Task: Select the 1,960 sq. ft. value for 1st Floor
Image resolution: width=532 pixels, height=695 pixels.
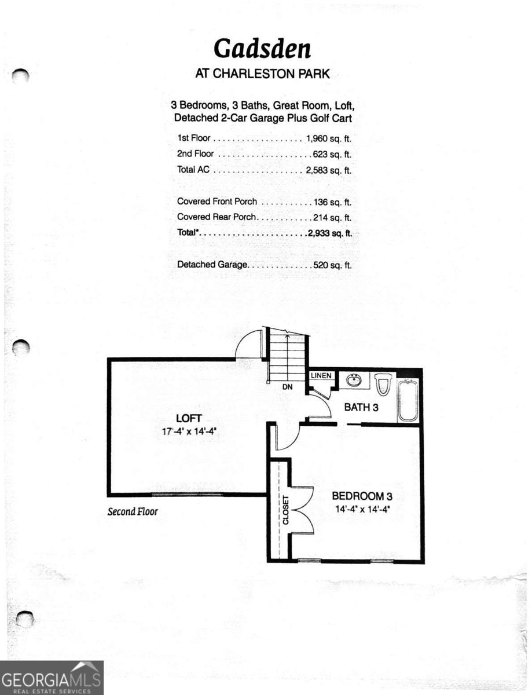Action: (328, 139)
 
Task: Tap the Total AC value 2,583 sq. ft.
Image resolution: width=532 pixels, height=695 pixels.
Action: (328, 170)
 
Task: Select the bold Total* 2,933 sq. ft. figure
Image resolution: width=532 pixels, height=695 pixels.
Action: (328, 233)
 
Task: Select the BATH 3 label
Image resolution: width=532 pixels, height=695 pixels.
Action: (361, 408)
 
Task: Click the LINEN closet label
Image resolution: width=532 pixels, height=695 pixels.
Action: (321, 376)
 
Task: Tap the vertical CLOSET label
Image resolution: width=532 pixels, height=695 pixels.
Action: (285, 511)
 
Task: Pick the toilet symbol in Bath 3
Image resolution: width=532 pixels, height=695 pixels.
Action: (383, 384)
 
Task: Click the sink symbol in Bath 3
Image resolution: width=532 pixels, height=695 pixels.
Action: (354, 381)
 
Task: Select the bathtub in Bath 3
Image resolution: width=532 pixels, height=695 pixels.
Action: (408, 400)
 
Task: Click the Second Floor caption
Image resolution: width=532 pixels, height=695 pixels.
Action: (133, 511)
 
